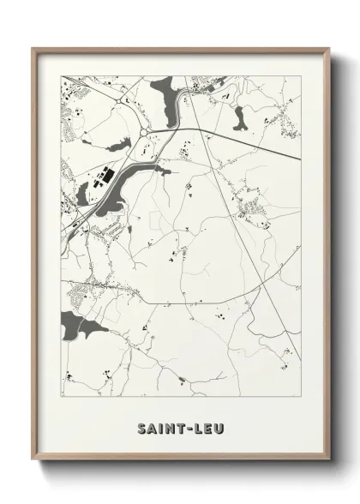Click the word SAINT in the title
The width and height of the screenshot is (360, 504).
pos(157,427)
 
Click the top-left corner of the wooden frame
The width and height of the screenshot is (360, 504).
pos(33,48)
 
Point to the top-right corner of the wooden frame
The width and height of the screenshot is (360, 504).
pos(329,48)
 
